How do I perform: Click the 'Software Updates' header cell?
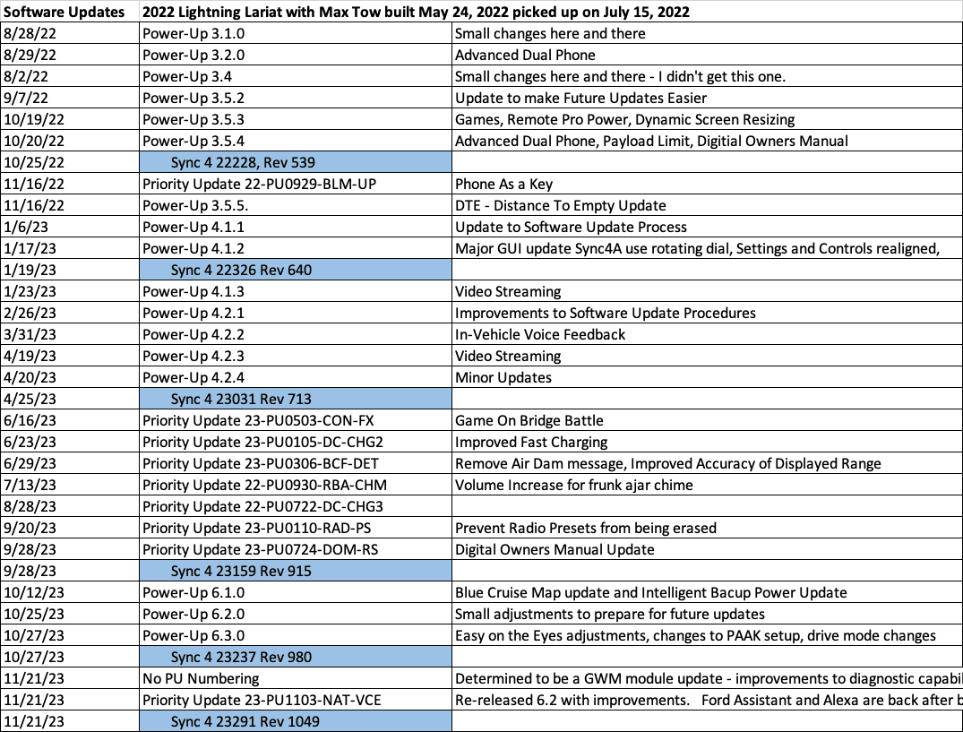point(68,13)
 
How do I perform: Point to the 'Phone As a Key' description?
point(504,185)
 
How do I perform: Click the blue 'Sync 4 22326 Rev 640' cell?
point(242,271)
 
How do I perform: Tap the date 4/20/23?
point(31,378)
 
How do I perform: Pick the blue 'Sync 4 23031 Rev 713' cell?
point(242,400)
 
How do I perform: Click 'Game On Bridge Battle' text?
point(529,421)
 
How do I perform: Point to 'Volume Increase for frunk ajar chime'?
point(573,486)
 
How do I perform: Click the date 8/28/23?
point(31,507)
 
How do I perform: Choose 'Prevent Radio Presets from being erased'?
point(586,529)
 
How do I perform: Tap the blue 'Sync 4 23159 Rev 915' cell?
point(242,572)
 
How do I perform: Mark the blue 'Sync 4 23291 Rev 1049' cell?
point(245,722)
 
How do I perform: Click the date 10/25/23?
point(35,615)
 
